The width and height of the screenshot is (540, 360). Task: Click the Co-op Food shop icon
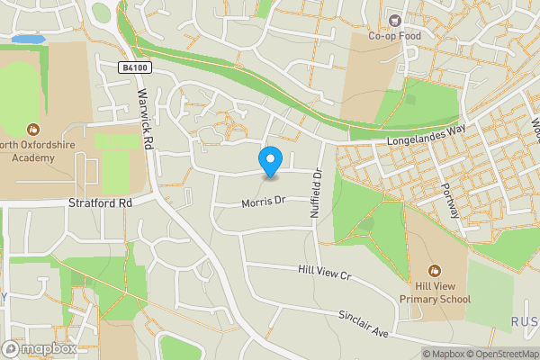(393, 20)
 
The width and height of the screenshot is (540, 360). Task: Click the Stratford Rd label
(100, 203)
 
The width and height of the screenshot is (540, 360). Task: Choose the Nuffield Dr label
(316, 194)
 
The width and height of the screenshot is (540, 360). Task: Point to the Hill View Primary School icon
(435, 270)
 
